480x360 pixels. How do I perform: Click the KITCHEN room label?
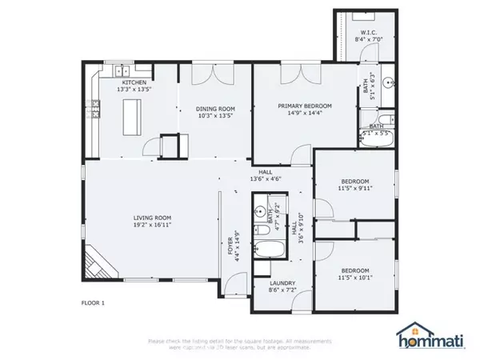134,82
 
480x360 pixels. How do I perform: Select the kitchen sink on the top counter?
120,70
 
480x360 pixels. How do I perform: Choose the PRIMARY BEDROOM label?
304,106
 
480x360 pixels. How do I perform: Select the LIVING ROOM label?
153,217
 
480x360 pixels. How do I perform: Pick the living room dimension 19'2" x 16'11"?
153,226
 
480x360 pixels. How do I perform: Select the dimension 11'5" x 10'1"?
354,278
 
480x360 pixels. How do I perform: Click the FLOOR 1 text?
94,302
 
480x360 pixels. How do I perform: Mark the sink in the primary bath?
388,82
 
